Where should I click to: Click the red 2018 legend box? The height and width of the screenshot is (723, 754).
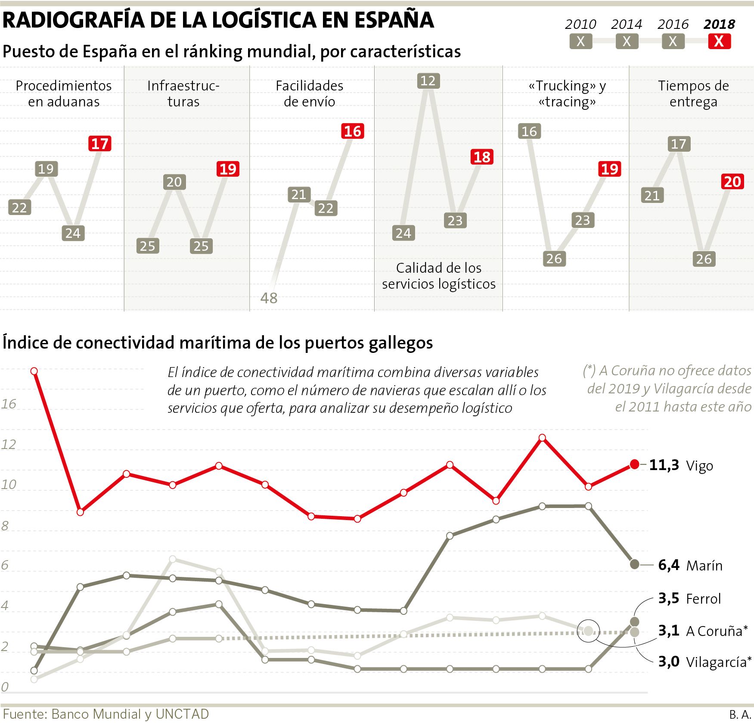tap(719, 41)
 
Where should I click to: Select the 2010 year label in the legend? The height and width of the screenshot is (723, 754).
tap(580, 24)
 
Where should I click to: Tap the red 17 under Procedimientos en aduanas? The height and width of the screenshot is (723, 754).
tap(100, 143)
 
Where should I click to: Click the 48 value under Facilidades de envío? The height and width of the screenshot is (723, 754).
tap(269, 298)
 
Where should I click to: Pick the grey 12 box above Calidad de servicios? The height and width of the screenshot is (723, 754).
tap(428, 81)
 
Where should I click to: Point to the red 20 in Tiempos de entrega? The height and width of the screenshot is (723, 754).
tap(732, 182)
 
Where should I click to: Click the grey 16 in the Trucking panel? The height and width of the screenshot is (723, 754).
tap(529, 131)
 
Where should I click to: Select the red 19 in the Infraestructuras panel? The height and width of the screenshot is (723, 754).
tap(228, 169)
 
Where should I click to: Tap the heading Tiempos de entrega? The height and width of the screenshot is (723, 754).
tap(693, 93)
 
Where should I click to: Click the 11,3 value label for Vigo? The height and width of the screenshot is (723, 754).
tap(664, 465)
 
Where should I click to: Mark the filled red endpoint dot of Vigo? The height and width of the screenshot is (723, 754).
tap(634, 464)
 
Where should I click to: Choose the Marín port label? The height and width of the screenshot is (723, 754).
tap(704, 565)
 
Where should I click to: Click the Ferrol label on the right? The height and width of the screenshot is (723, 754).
tap(703, 598)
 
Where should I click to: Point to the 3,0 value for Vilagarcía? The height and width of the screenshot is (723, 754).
tap(669, 661)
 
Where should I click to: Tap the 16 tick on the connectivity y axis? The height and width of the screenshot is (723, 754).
tap(9, 404)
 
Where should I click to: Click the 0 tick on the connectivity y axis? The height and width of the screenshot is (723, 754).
tap(5, 687)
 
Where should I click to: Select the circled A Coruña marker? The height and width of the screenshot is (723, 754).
tap(588, 631)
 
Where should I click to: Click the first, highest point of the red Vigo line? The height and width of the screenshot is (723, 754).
tap(34, 371)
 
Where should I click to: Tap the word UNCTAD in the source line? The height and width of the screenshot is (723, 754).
tap(182, 714)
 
